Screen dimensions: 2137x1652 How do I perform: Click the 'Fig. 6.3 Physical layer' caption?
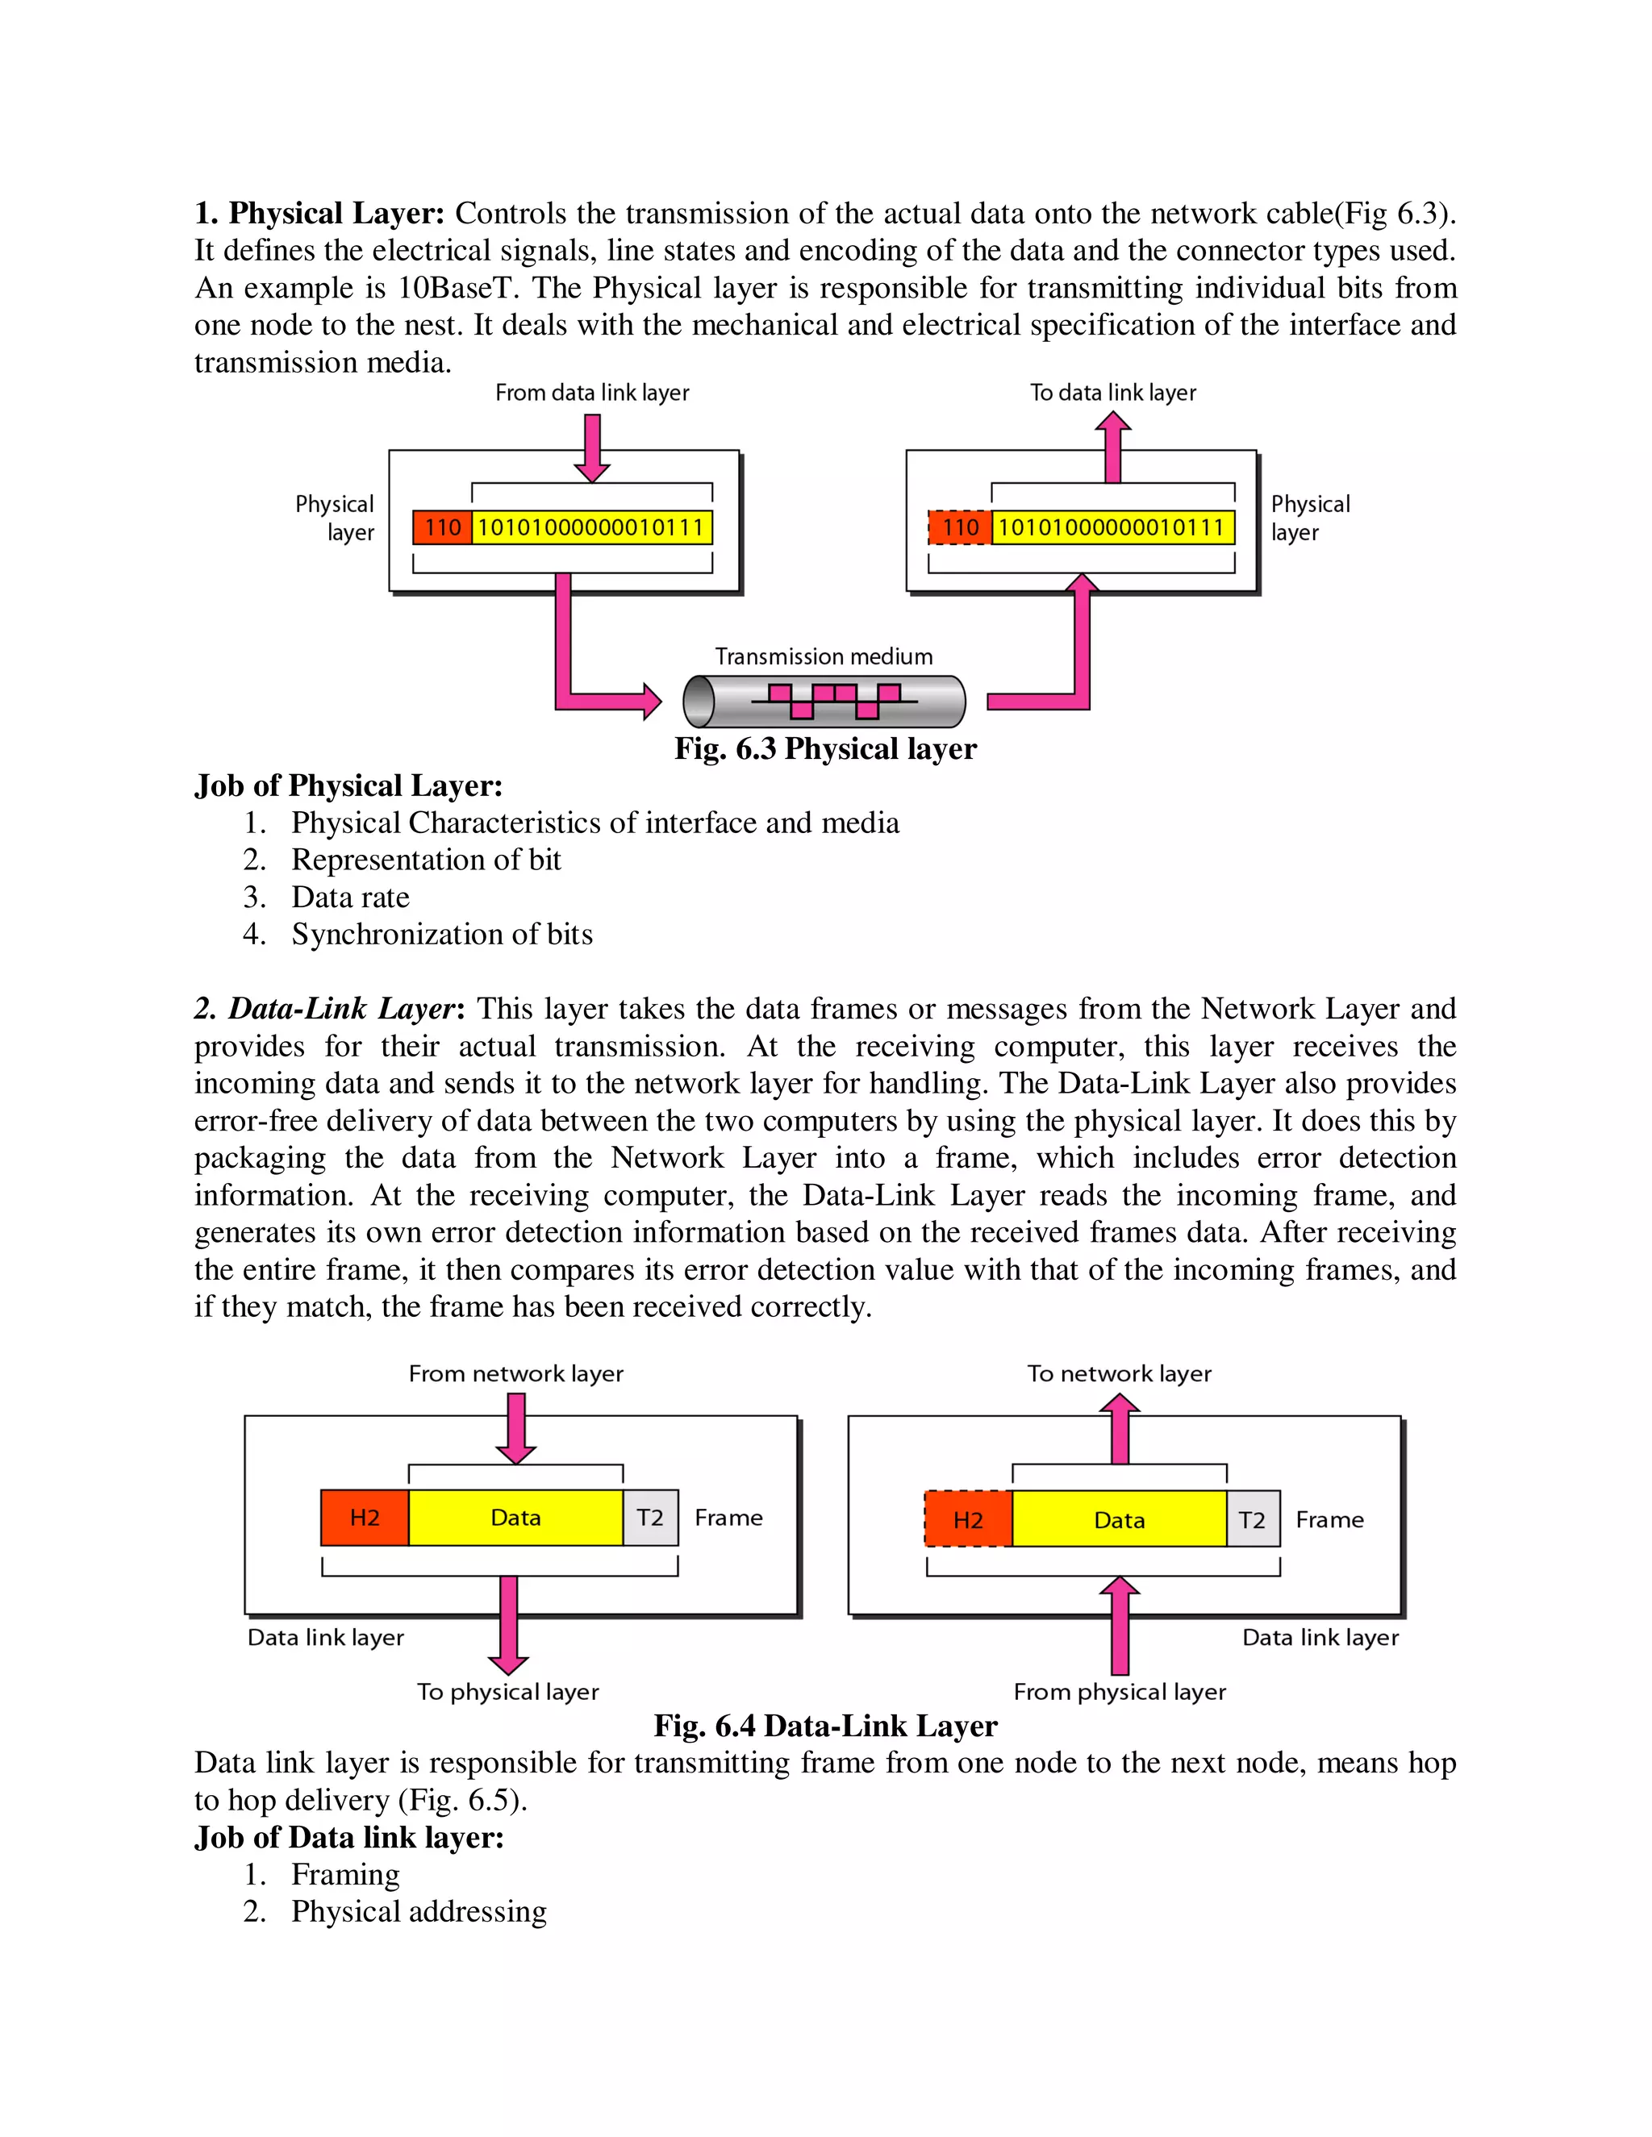(825, 749)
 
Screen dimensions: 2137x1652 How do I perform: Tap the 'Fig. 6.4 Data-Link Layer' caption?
(825, 1726)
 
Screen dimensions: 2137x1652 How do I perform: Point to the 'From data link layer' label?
(592, 394)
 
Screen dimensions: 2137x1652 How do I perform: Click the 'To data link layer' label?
(1112, 394)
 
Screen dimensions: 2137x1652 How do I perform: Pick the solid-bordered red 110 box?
(442, 527)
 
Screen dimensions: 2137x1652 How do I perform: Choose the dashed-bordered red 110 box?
(960, 527)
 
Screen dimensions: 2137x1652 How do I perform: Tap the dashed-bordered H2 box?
(968, 1519)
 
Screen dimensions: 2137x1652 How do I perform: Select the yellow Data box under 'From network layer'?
(515, 1518)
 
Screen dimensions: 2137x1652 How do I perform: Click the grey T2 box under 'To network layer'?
(1253, 1519)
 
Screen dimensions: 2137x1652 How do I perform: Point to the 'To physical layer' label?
(508, 1692)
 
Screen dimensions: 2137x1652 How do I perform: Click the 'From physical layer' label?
(1120, 1692)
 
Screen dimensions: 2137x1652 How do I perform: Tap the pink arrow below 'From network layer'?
(515, 1427)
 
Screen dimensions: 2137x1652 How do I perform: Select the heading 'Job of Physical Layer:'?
(348, 785)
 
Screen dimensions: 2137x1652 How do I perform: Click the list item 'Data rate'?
(350, 898)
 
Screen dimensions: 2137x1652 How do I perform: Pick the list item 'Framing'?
(345, 1875)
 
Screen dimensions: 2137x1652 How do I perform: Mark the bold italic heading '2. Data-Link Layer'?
(325, 1009)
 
